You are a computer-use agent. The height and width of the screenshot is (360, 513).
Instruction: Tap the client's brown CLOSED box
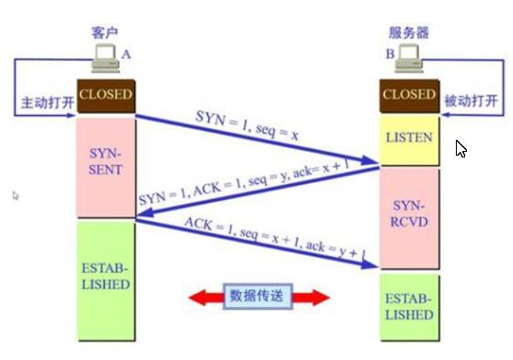106,95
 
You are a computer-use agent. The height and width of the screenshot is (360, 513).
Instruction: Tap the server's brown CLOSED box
408,95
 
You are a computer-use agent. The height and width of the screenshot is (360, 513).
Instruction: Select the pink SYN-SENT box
105,167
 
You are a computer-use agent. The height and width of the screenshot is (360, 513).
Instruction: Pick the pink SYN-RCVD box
408,212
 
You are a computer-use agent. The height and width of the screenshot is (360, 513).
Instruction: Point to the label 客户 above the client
106,31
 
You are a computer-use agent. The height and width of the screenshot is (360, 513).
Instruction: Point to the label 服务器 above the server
407,31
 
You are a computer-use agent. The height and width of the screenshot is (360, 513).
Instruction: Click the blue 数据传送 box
257,296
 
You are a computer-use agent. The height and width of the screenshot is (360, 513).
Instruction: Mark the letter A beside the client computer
127,55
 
